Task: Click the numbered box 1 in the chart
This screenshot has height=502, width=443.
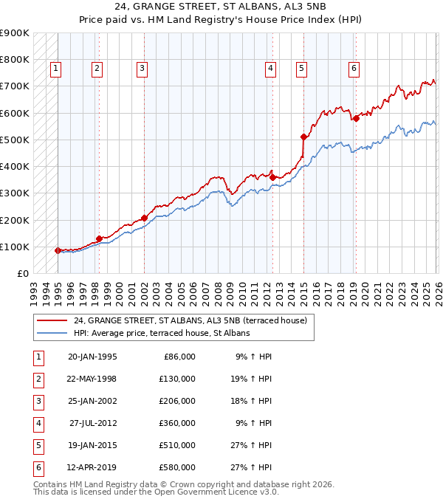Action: (x=56, y=69)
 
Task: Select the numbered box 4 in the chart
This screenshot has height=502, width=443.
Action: (x=271, y=69)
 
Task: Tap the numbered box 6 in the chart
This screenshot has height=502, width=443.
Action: (x=354, y=69)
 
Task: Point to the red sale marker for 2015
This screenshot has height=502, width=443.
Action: (x=303, y=137)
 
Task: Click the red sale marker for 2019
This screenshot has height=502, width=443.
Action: (x=355, y=118)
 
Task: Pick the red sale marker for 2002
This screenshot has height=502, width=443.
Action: (x=144, y=218)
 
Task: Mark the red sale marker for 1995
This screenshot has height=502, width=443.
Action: (x=58, y=250)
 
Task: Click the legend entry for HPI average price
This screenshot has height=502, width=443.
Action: (x=161, y=333)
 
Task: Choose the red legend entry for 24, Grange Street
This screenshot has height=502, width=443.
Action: (x=194, y=320)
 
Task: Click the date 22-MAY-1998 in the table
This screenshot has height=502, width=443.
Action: (x=92, y=378)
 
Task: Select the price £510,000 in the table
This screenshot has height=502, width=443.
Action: (x=177, y=445)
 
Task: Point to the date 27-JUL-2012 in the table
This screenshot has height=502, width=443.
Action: (x=93, y=423)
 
